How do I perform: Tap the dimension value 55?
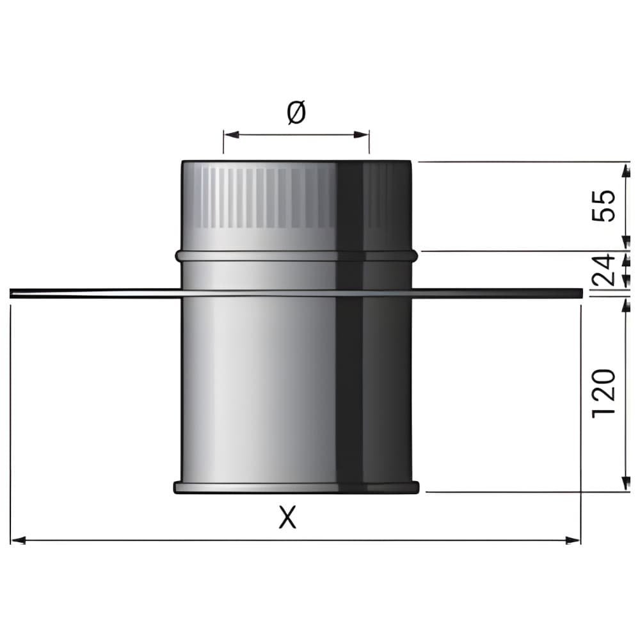pos(604,205)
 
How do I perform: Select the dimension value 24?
pos(604,270)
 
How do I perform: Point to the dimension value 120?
pos(604,393)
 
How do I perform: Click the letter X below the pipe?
pos(287,516)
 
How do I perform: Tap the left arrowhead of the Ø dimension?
pos(231,134)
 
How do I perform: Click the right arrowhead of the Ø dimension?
pos(362,134)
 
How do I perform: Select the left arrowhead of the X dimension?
pos(19,540)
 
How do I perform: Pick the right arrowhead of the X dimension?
pos(572,540)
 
